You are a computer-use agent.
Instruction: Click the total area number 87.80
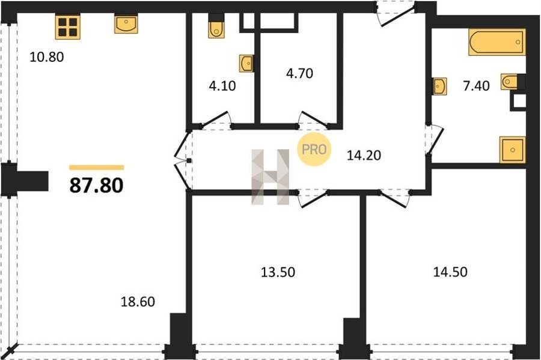(96, 185)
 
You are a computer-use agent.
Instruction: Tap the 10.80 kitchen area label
(46, 57)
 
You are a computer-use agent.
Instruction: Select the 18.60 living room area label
(138, 302)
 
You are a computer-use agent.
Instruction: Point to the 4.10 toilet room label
(222, 85)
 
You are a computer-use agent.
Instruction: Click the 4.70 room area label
(299, 73)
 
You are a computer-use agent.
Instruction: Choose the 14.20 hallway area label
(364, 155)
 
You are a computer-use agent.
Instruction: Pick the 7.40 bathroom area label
(476, 85)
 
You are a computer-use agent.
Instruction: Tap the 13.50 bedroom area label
(278, 272)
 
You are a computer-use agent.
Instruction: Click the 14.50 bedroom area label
(450, 272)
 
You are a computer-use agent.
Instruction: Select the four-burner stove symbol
(67, 27)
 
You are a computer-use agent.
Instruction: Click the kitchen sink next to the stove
(126, 24)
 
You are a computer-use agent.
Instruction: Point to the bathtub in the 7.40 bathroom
(497, 42)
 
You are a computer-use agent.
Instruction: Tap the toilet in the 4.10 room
(216, 27)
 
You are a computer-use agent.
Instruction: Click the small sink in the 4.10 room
(247, 64)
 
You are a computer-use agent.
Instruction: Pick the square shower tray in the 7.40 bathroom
(512, 150)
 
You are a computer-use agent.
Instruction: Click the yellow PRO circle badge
(314, 149)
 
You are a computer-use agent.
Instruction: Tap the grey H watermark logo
(270, 177)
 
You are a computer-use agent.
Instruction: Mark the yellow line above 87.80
(97, 168)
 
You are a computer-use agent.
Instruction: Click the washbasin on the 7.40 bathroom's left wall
(439, 86)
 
